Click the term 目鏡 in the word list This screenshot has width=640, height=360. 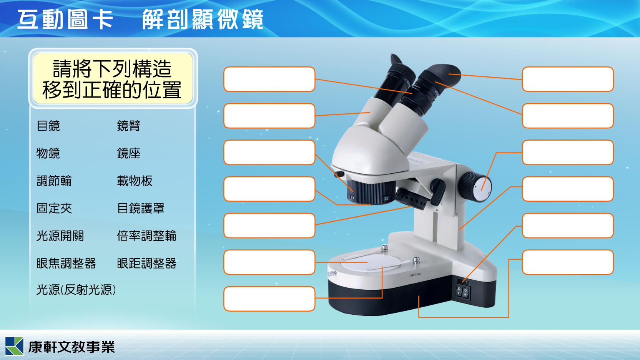click(x=48, y=126)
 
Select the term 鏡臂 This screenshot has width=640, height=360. click(x=128, y=126)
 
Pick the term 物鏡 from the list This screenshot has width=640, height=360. click(x=48, y=153)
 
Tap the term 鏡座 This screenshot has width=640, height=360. click(x=128, y=153)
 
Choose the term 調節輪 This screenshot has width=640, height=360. click(x=54, y=181)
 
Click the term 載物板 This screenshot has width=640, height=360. click(x=135, y=181)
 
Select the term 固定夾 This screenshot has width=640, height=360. click(x=54, y=208)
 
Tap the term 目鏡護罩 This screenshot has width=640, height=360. click(x=141, y=208)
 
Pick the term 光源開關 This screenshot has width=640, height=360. click(x=60, y=236)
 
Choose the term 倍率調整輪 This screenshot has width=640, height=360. click(x=146, y=236)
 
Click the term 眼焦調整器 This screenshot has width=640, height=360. click(x=66, y=264)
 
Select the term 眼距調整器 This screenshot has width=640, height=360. click(x=146, y=264)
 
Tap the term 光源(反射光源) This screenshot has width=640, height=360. click(x=76, y=290)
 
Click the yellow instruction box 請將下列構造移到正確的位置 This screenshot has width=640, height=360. click(x=113, y=78)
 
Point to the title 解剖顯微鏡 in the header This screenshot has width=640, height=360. click(x=203, y=20)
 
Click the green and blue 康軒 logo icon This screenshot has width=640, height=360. click(x=14, y=346)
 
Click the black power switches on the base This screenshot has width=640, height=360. click(x=462, y=292)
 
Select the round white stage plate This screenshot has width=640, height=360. click(x=371, y=263)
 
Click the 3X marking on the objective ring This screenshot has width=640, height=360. click(x=386, y=199)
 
